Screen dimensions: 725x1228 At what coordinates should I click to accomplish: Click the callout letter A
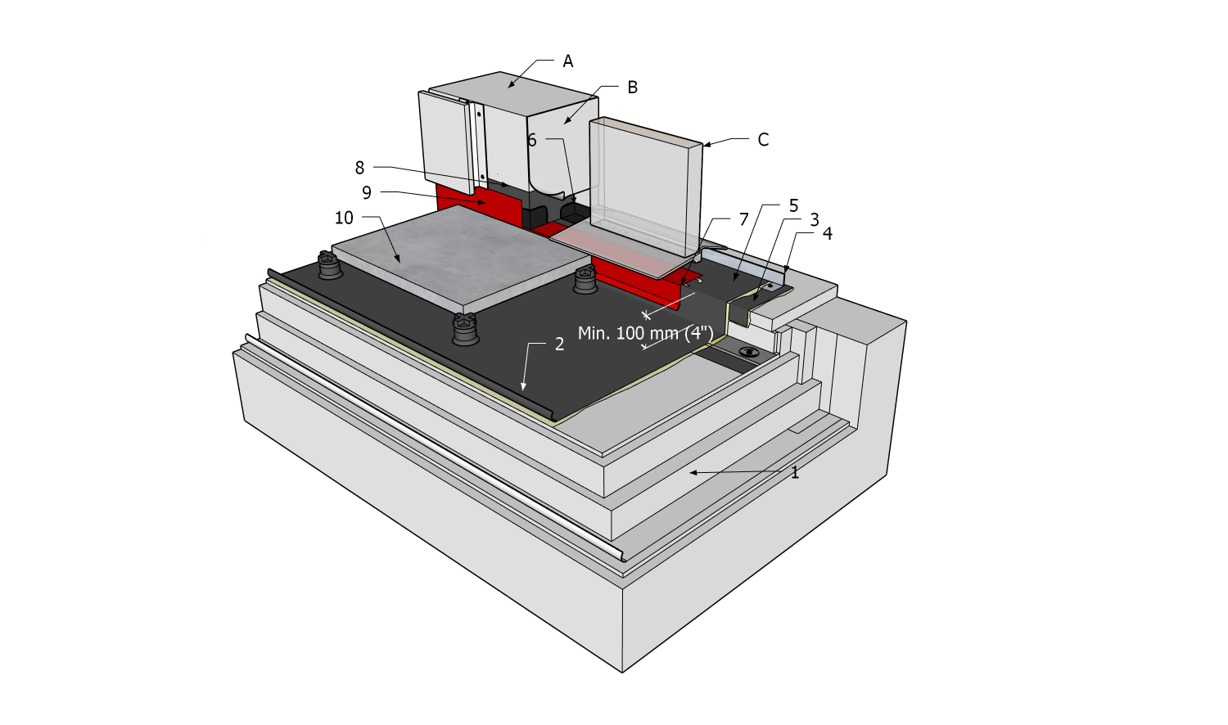[x=568, y=61]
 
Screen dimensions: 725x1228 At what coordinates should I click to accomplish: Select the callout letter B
[x=632, y=88]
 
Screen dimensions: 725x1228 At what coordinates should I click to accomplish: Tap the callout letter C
[x=763, y=140]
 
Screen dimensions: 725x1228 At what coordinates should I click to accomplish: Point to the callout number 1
[x=794, y=472]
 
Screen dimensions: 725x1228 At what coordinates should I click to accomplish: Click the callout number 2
[x=559, y=344]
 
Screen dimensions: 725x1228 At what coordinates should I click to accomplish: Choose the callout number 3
[x=815, y=220]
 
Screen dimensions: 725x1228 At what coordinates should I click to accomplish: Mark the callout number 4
[x=828, y=234]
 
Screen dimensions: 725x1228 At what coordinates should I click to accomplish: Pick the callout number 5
[x=793, y=205]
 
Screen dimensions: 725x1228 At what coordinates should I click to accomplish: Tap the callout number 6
[x=531, y=141]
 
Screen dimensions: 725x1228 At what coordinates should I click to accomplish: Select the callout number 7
[x=743, y=219]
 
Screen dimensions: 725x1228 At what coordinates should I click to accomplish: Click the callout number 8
[x=359, y=168]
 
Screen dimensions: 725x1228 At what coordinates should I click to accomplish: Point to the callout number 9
[x=367, y=193]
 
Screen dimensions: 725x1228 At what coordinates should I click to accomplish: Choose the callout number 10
[x=344, y=218]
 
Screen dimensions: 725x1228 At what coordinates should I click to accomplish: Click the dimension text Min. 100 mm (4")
[x=645, y=333]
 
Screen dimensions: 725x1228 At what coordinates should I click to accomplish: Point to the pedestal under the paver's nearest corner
[x=463, y=330]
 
